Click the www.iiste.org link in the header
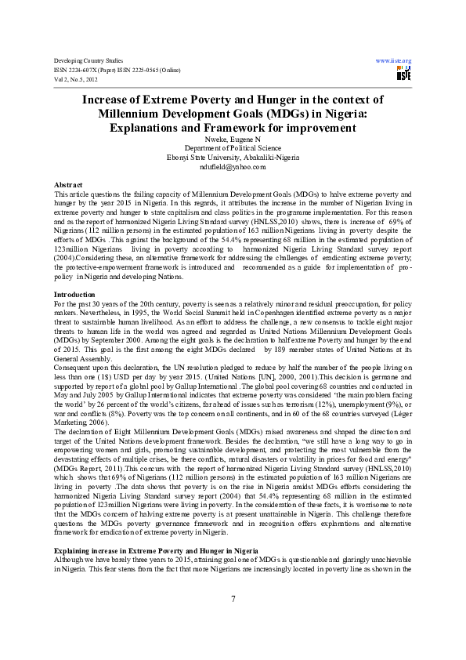[x=394, y=60]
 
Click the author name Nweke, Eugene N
[x=233, y=139]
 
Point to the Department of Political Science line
[x=233, y=147]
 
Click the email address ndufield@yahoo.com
[x=233, y=166]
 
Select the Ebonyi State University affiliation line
[x=233, y=157]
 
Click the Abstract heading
[x=67, y=183]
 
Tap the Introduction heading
[x=75, y=271]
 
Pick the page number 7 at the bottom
[x=233, y=600]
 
